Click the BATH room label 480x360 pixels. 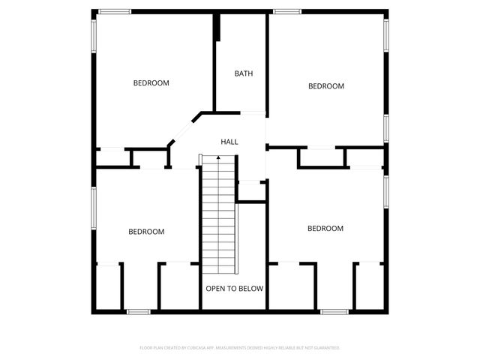(243, 73)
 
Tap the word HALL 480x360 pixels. (229, 142)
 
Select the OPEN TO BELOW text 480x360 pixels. (235, 288)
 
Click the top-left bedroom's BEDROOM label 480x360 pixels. (151, 83)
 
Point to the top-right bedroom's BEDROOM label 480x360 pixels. (326, 86)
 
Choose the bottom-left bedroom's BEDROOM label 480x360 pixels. (146, 232)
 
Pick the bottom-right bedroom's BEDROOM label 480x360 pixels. (325, 228)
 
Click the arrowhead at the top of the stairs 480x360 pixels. (217, 158)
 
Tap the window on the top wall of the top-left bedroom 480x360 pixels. (115, 11)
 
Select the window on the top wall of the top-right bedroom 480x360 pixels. (286, 11)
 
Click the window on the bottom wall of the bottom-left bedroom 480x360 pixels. (138, 311)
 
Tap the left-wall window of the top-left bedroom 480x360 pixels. (94, 36)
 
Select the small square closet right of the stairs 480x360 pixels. (251, 190)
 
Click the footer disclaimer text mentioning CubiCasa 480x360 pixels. (240, 348)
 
